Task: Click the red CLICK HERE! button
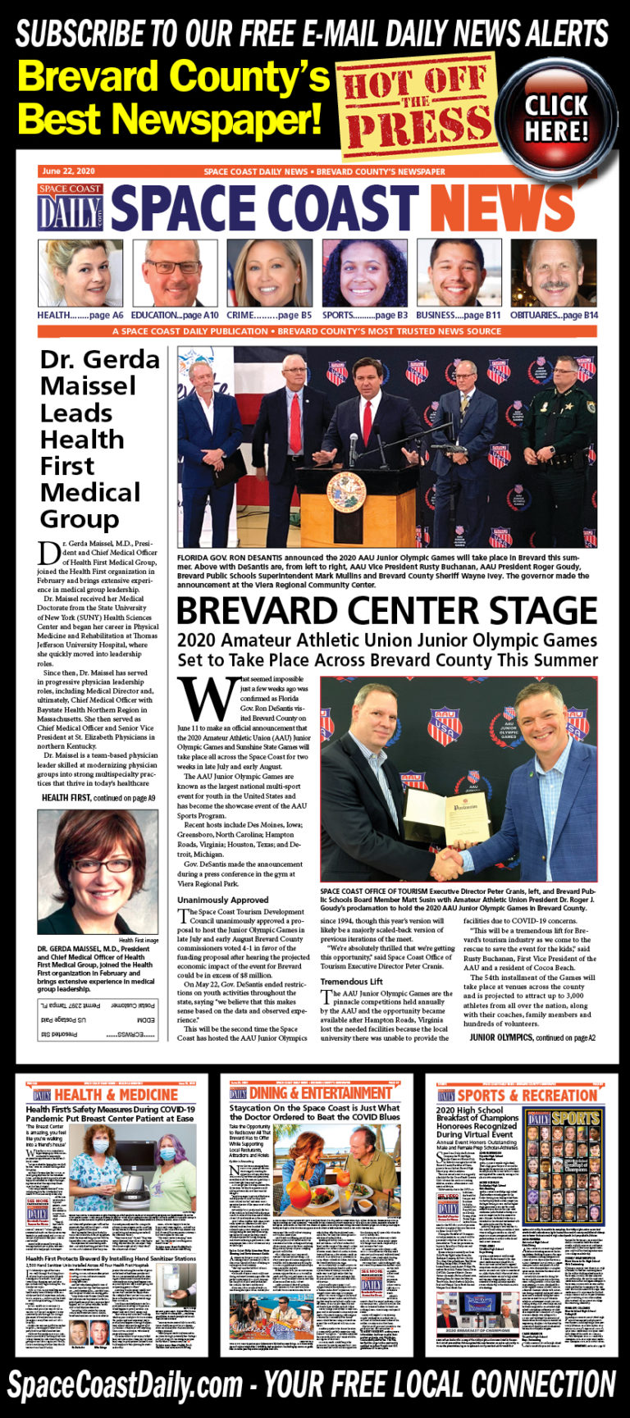(x=557, y=116)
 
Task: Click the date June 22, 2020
(x=69, y=171)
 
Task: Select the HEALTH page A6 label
(x=80, y=315)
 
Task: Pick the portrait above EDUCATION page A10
(x=174, y=273)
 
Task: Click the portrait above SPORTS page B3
(x=364, y=273)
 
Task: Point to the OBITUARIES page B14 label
(x=554, y=315)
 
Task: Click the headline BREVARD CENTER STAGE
(x=386, y=611)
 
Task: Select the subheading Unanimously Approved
(x=223, y=900)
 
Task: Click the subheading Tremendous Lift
(x=351, y=982)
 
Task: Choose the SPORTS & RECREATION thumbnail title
(x=527, y=1095)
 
